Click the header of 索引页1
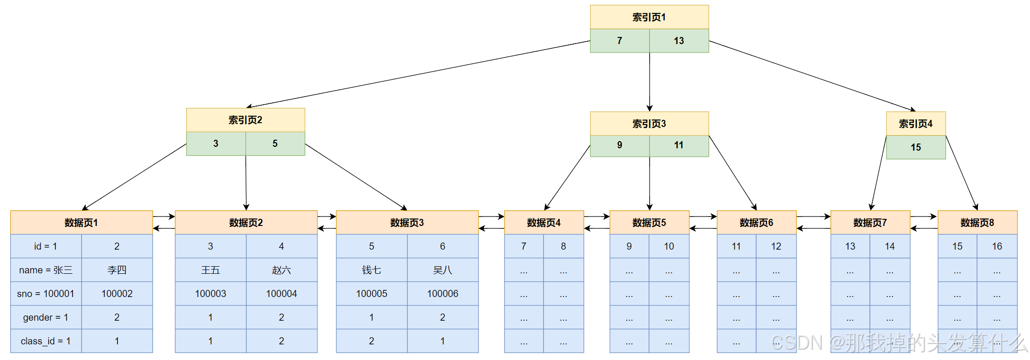(x=649, y=17)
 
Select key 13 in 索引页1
(x=678, y=41)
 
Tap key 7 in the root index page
(x=619, y=41)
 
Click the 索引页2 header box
(x=245, y=120)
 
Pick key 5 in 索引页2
(x=275, y=144)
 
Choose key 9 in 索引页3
(x=619, y=145)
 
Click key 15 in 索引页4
(x=915, y=147)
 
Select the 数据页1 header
(x=81, y=222)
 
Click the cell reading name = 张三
(x=46, y=270)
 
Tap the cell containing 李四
(x=117, y=270)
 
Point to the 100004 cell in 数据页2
(x=281, y=294)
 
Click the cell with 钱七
(x=371, y=270)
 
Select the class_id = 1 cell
(x=46, y=341)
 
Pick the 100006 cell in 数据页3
(x=443, y=294)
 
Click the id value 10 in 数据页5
(x=669, y=246)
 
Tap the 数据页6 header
(x=756, y=222)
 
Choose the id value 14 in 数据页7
(x=889, y=246)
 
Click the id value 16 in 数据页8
(x=997, y=246)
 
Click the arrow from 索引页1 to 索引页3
(x=650, y=81)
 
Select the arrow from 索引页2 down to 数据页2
(x=246, y=182)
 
